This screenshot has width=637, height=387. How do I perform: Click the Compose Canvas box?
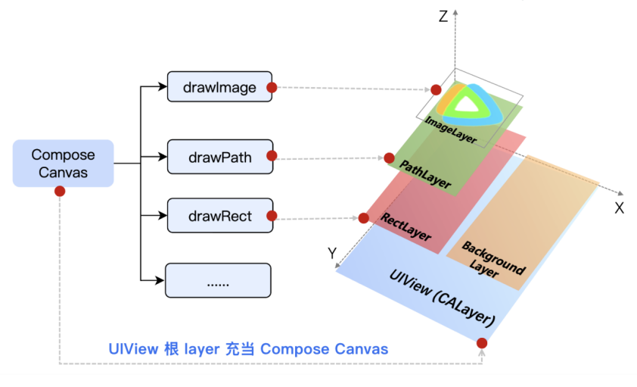[63, 163]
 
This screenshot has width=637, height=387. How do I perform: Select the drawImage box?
[219, 86]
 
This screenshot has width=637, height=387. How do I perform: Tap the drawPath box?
[220, 157]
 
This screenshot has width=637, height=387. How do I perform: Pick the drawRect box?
[220, 215]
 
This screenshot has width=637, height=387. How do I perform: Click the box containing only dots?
[218, 280]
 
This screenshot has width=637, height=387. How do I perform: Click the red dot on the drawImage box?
[272, 87]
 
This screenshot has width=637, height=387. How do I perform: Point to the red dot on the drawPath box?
[272, 156]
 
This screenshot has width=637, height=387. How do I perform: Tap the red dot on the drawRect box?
[272, 216]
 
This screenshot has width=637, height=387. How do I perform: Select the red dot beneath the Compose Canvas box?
[60, 191]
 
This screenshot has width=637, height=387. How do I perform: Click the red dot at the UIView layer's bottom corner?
[482, 343]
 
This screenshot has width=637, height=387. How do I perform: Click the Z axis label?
[443, 16]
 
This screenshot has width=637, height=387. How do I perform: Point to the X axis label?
[619, 208]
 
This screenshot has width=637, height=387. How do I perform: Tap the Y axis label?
[332, 254]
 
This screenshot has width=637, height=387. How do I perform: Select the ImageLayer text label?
[451, 130]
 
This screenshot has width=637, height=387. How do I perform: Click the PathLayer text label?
[425, 174]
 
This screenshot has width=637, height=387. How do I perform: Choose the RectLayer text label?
[406, 227]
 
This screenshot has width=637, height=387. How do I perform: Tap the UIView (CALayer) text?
[443, 298]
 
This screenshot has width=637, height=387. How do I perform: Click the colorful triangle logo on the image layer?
[470, 104]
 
